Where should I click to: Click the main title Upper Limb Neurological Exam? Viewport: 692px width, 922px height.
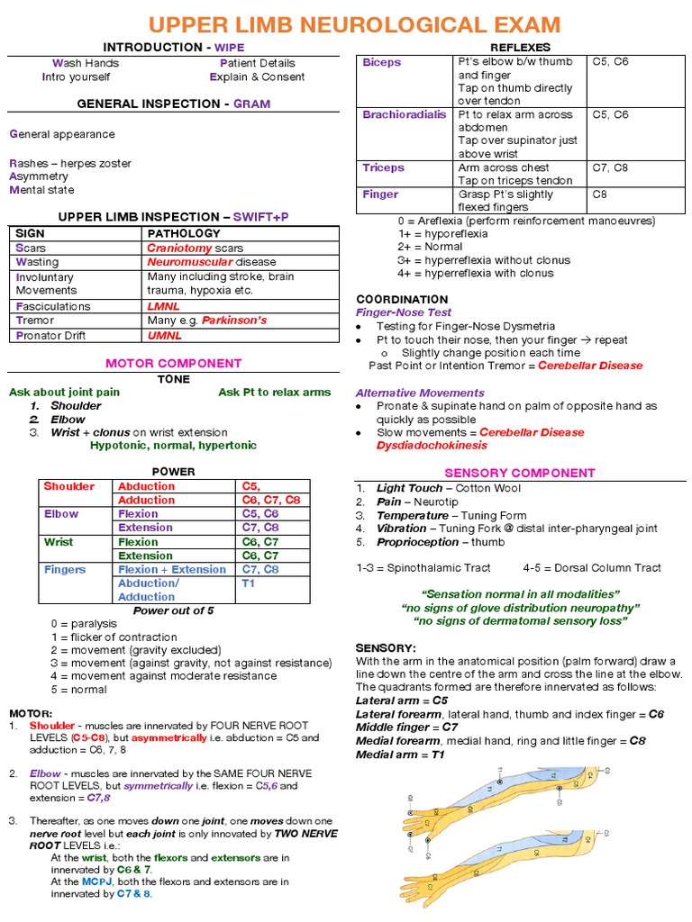[354, 24]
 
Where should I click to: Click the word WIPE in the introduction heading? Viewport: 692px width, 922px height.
[225, 47]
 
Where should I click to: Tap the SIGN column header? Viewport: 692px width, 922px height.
[31, 233]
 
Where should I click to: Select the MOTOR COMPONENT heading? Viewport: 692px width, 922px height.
[174, 363]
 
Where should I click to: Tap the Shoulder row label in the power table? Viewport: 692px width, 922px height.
[68, 486]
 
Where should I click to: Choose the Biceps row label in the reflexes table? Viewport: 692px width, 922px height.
[382, 62]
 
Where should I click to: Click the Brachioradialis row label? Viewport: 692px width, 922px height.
[404, 114]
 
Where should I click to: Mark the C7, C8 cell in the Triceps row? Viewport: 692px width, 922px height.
[610, 167]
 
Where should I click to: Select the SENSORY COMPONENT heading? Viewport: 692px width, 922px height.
[520, 472]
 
